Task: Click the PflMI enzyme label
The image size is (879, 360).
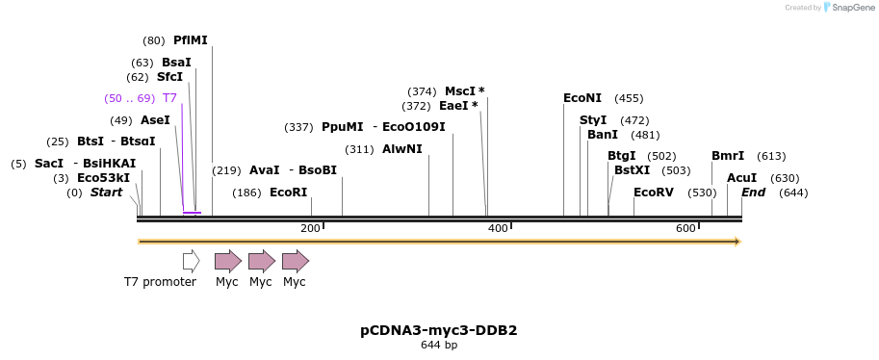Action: coord(190,40)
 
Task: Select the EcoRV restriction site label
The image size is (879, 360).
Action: coord(654,193)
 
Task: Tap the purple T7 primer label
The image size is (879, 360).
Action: coord(169,98)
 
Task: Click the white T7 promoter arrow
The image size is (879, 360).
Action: coord(191,261)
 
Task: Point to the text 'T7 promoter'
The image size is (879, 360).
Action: coord(160,282)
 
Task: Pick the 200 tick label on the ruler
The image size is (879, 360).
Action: coord(310,228)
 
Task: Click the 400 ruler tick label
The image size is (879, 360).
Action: coord(498,228)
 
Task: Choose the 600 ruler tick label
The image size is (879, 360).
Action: coord(685,228)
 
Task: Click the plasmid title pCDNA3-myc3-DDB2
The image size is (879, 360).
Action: coord(439,330)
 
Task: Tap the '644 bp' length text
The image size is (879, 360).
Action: coord(439,345)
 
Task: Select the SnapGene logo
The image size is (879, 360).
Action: coord(844,8)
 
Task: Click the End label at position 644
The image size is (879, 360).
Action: coord(753,193)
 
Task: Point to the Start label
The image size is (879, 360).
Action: coord(106,193)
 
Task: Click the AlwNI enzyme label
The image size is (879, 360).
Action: coord(401,149)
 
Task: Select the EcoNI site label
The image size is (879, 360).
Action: coord(582,98)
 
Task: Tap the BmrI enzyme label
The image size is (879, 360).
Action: coord(728,156)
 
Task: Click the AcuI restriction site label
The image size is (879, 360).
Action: coord(741,178)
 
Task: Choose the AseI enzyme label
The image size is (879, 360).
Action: coord(154,120)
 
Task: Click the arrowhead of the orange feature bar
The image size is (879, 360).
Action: coord(737,242)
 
